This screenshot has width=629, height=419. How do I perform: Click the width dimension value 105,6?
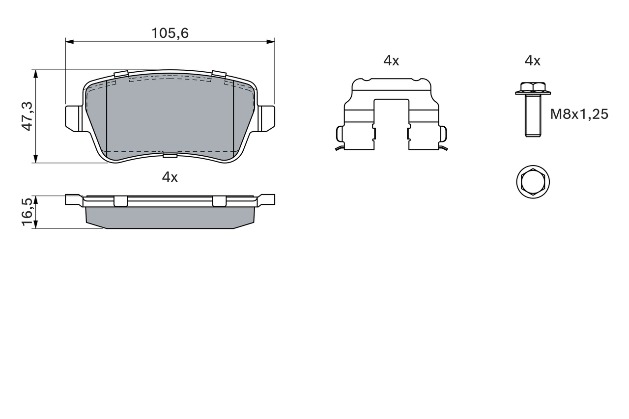coord(170,33)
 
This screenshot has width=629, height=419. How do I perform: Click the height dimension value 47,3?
coord(27,116)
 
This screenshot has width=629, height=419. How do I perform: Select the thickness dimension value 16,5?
coord(27,212)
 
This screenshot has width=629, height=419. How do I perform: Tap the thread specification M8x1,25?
coord(579,114)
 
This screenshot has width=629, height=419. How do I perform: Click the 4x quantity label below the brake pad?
coord(170,177)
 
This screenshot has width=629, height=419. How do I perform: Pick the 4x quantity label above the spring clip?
coord(391,61)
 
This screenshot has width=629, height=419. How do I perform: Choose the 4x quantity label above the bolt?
coord(532,61)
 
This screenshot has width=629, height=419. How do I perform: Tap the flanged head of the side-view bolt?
coord(533,89)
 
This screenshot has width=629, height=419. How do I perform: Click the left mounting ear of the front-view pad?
coord(74,118)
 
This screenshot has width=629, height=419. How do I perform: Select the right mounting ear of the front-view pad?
coord(267,118)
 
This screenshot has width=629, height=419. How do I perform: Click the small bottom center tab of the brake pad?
coord(170,156)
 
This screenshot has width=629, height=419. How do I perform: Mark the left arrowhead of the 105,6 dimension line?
coord(69,42)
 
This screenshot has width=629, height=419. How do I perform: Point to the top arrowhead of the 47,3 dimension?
coord(35,73)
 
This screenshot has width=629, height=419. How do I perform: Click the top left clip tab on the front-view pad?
coord(121,75)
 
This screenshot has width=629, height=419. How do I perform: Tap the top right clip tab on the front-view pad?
coord(219,75)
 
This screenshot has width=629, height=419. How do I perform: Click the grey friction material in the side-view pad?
coord(170,217)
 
